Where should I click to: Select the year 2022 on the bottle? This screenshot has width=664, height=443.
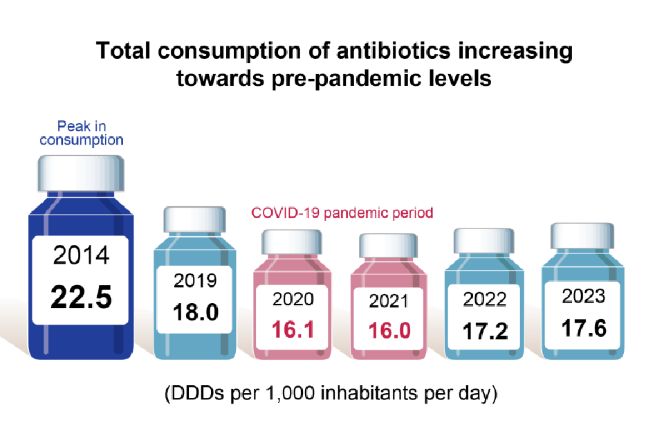[x=484, y=299]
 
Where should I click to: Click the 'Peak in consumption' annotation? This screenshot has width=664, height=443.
[x=82, y=133]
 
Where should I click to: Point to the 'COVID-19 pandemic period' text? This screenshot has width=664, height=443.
[x=340, y=213]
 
